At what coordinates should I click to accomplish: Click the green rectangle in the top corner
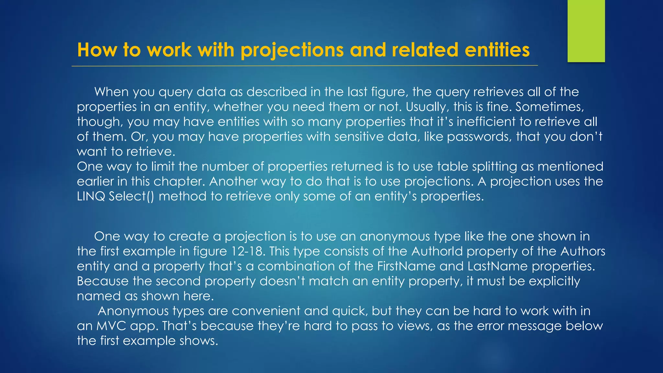point(586,31)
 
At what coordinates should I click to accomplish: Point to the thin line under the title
point(304,66)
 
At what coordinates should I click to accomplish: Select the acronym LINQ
point(91,196)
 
